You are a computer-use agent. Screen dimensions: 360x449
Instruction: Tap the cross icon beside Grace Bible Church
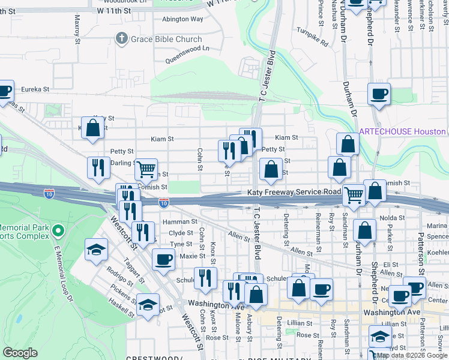coord(121,39)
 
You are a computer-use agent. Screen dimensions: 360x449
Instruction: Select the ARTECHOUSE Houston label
coord(402,131)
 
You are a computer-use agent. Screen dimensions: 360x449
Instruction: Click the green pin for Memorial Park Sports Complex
coord(58,230)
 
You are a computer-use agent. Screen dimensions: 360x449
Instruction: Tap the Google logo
coord(20,353)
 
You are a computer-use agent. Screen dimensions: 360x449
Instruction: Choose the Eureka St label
coord(35,89)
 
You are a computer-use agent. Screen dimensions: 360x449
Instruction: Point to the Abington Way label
coord(182,19)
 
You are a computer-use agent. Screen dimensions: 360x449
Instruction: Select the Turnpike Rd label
coord(313,37)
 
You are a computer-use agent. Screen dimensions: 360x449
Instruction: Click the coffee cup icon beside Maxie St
coord(163,260)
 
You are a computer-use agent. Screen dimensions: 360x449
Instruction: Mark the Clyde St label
coord(181,233)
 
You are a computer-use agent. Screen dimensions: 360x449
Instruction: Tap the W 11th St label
coord(113,11)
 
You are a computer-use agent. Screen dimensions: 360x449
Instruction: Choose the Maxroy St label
coord(77,29)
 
